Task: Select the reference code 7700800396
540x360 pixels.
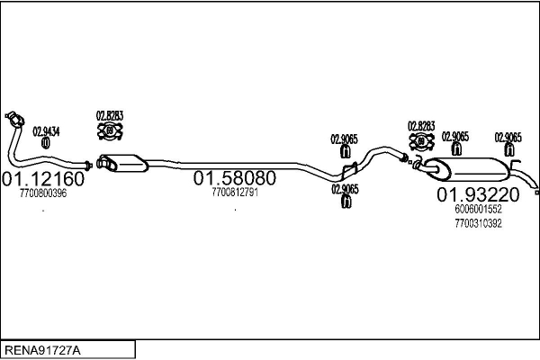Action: (43, 193)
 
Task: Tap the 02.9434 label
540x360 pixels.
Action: (47, 131)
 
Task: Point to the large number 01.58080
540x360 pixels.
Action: (234, 178)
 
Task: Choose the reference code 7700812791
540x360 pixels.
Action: (235, 193)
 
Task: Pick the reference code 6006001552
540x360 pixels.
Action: (478, 209)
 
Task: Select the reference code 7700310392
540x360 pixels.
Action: (478, 222)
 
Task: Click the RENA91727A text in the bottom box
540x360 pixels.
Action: (42, 348)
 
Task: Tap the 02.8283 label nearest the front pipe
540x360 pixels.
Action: (110, 116)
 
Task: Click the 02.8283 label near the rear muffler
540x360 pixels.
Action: (421, 126)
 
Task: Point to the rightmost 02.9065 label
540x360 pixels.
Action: (508, 137)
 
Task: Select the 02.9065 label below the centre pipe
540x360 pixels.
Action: (344, 189)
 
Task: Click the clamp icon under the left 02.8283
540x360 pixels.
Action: (110, 132)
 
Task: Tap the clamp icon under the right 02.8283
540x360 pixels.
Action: (421, 142)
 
